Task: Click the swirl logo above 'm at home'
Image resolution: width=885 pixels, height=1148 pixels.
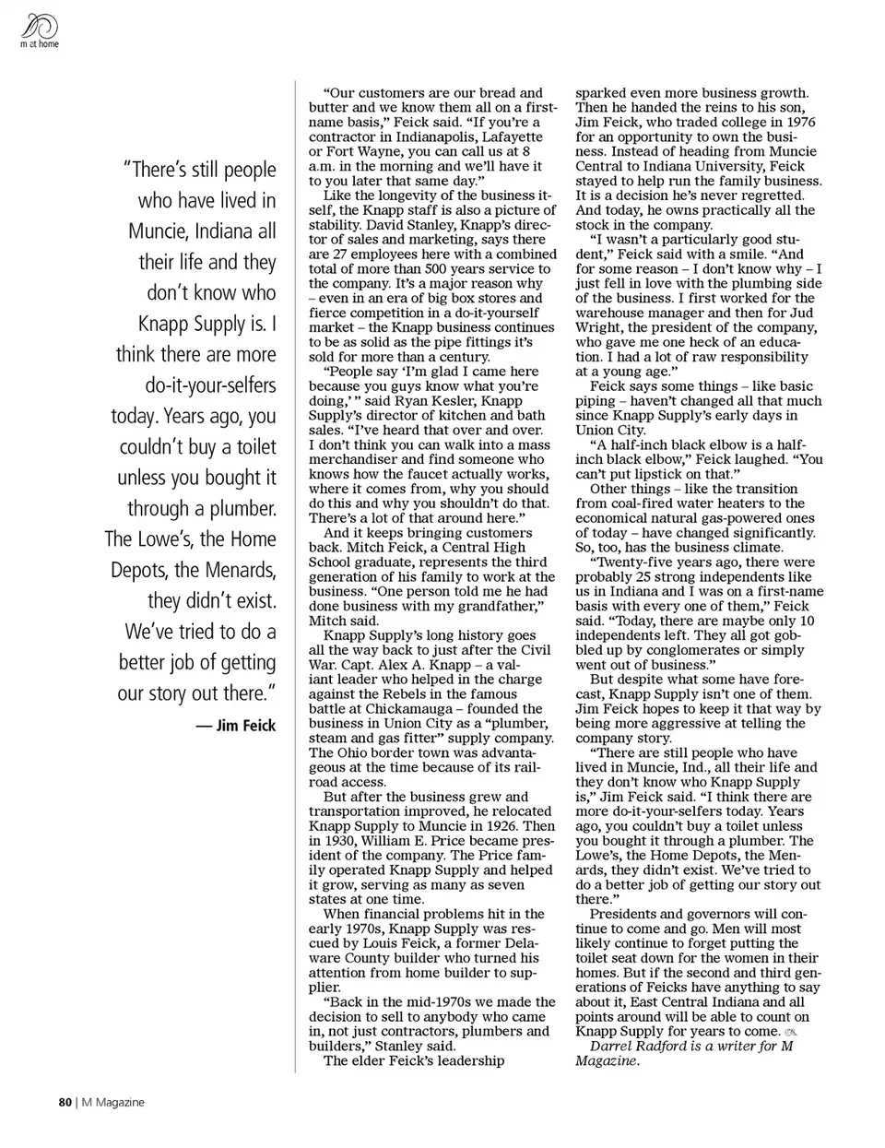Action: point(37,24)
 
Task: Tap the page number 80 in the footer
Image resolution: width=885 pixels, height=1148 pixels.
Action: point(65,1102)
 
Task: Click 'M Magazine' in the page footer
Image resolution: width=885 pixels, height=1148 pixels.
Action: point(113,1102)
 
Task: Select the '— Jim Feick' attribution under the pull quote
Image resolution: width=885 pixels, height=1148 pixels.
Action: point(235,726)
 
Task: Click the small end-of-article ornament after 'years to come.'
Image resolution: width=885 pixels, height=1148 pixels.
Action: point(791,1032)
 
